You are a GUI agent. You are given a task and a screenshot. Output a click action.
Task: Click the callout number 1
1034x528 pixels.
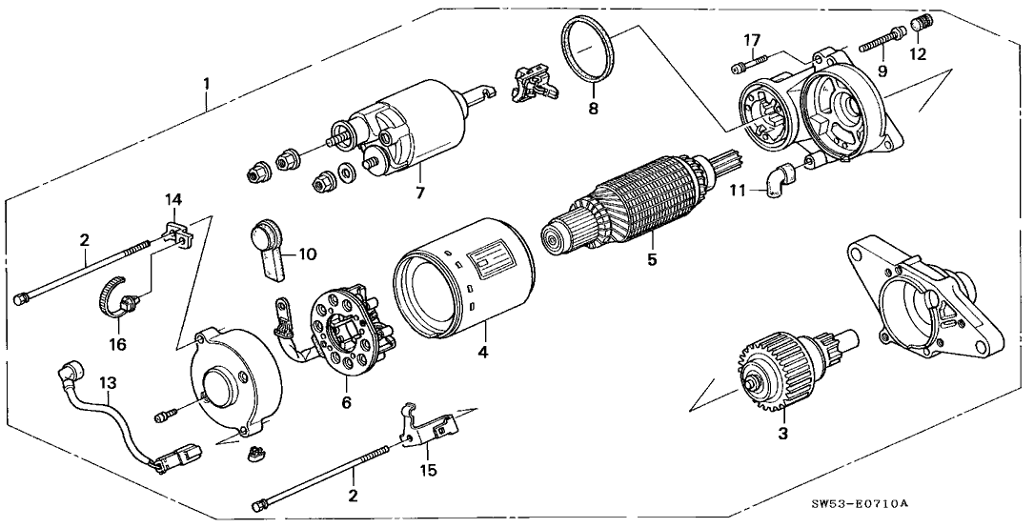(x=207, y=85)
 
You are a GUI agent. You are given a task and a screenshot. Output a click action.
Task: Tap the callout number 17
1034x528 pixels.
(x=753, y=41)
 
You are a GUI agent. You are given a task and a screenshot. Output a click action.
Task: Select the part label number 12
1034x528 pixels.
(x=918, y=53)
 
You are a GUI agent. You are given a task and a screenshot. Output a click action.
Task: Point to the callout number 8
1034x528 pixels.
(x=594, y=109)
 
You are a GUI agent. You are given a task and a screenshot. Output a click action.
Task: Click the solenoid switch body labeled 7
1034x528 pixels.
(x=409, y=129)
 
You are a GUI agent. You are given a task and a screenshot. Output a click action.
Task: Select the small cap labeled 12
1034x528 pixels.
(x=920, y=25)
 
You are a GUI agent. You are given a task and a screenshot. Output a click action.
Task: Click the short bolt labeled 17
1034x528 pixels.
(x=748, y=64)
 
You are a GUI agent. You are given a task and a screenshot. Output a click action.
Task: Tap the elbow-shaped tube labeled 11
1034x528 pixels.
(x=781, y=176)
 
